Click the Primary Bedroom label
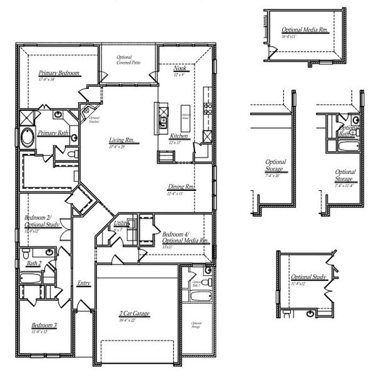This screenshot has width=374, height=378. tap(59, 73)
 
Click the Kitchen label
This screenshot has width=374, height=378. tap(179, 135)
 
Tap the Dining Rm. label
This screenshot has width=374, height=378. tap(181, 187)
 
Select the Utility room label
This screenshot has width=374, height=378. tap(122, 224)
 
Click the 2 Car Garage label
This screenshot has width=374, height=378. tap(139, 313)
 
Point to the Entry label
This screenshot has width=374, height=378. tap(84, 283)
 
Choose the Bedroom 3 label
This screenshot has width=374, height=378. tap(44, 326)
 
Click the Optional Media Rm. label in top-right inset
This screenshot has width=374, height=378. tap(305, 30)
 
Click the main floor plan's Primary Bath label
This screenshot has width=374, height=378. tap(53, 133)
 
